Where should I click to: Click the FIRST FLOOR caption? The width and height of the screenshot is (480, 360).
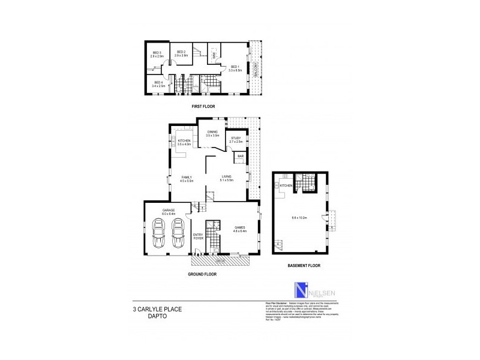click(203, 106)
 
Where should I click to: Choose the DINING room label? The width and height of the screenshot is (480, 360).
click(212, 133)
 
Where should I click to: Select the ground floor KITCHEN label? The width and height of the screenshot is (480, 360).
click(184, 142)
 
